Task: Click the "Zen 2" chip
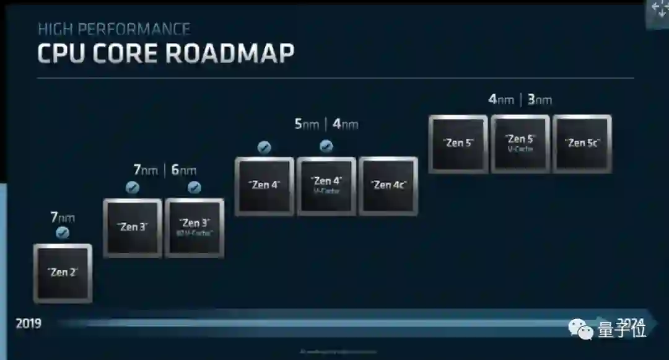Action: pyautogui.click(x=63, y=273)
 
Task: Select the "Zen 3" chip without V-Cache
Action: pyautogui.click(x=133, y=227)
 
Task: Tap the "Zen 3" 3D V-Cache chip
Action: pyautogui.click(x=195, y=227)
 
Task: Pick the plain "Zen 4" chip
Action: pyautogui.click(x=265, y=185)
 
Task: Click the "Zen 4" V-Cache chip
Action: pyautogui.click(x=326, y=185)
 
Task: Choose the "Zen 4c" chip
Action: pyautogui.click(x=388, y=185)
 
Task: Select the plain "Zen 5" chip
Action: pyautogui.click(x=458, y=143)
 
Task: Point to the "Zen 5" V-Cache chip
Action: pyautogui.click(x=520, y=143)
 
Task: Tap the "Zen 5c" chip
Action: pyautogui.click(x=582, y=143)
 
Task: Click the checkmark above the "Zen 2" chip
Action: pyautogui.click(x=63, y=233)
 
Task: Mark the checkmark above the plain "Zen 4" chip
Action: pyautogui.click(x=265, y=147)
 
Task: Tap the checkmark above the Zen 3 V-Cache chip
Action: pyautogui.click(x=195, y=188)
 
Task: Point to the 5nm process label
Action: pyautogui.click(x=307, y=125)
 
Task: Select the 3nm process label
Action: pyautogui.click(x=539, y=99)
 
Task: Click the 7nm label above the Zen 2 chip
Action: pyautogui.click(x=63, y=217)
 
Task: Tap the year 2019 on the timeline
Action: pyautogui.click(x=28, y=323)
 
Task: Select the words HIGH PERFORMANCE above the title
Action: pyautogui.click(x=114, y=29)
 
